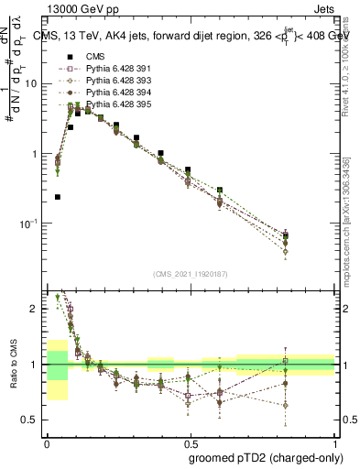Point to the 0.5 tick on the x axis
[x=191, y=439]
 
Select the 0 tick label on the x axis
[x=47, y=439]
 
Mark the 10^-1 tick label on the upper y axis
[x=29, y=224]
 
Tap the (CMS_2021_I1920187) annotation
[x=191, y=274]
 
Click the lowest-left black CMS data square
[x=58, y=197]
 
